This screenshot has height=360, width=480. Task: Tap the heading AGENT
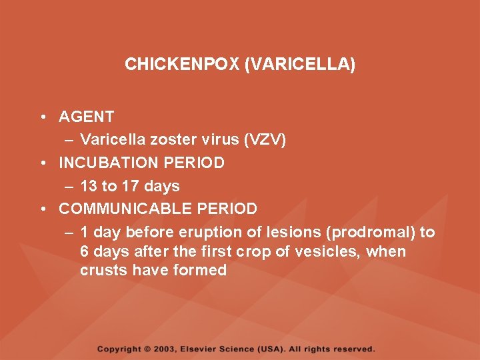86,117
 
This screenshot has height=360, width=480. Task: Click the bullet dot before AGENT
42,117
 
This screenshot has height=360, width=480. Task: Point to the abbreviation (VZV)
265,139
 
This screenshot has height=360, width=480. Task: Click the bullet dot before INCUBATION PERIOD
42,163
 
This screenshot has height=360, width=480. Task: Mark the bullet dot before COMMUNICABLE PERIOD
42,209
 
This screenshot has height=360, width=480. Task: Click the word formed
199,270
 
